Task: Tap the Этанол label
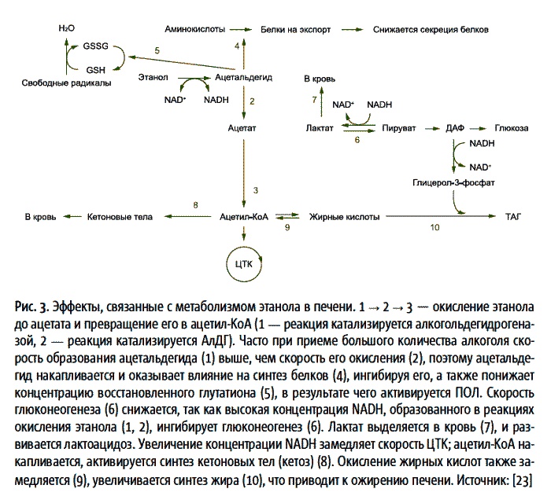(x=153, y=78)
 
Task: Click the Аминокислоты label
(x=193, y=28)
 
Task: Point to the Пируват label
(x=399, y=127)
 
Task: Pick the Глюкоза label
(x=512, y=127)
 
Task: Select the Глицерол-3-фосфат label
(x=446, y=182)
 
